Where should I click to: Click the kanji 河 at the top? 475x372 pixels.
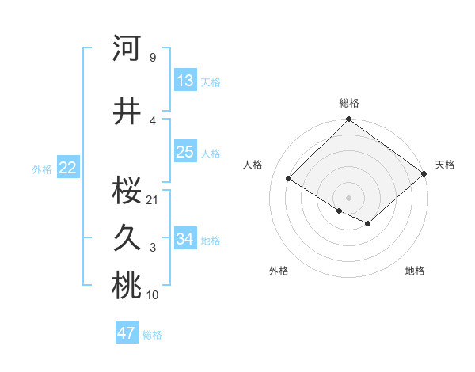[127, 48]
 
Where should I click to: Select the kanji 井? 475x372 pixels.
[127, 112]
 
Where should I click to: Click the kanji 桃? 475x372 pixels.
[127, 286]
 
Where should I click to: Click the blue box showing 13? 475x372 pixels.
[185, 81]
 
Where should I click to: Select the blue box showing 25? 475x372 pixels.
[185, 152]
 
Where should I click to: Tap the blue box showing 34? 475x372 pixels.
[185, 239]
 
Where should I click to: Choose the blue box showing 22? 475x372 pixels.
[68, 168]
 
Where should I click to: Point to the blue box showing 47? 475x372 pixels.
[127, 333]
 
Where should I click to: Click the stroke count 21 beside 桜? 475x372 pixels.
[153, 199]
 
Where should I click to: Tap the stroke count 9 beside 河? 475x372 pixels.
[152, 58]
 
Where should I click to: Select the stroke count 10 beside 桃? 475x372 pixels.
[153, 295]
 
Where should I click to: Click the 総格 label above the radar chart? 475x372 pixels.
[348, 103]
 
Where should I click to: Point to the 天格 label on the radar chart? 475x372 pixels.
[445, 165]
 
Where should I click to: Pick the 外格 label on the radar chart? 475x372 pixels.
[279, 271]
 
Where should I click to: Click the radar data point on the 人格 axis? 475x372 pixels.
[289, 179]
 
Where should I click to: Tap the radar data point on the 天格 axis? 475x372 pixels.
[424, 173]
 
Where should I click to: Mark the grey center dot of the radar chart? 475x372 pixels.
[348, 197]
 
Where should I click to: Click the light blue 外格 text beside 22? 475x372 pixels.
[41, 169]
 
